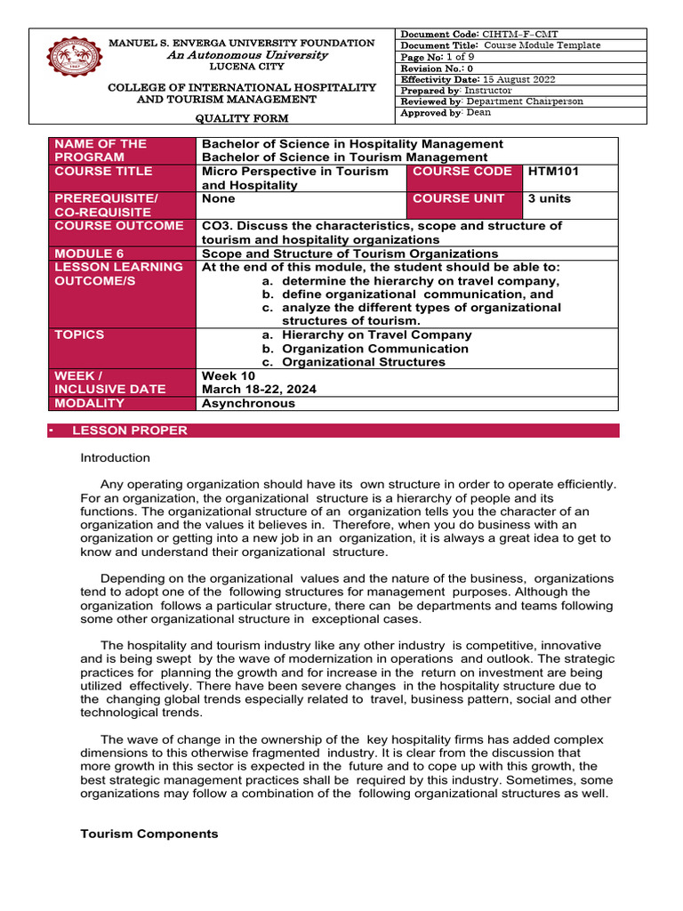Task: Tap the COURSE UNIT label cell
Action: coord(458,198)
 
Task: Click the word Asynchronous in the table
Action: coord(248,403)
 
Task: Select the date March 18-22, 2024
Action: coord(259,390)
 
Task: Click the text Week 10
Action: coord(230,375)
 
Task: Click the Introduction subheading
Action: coord(116,458)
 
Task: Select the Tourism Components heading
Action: coord(149,834)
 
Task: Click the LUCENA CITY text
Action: coord(241,68)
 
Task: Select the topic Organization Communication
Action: coord(374,349)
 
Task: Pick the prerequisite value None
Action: coord(218,198)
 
